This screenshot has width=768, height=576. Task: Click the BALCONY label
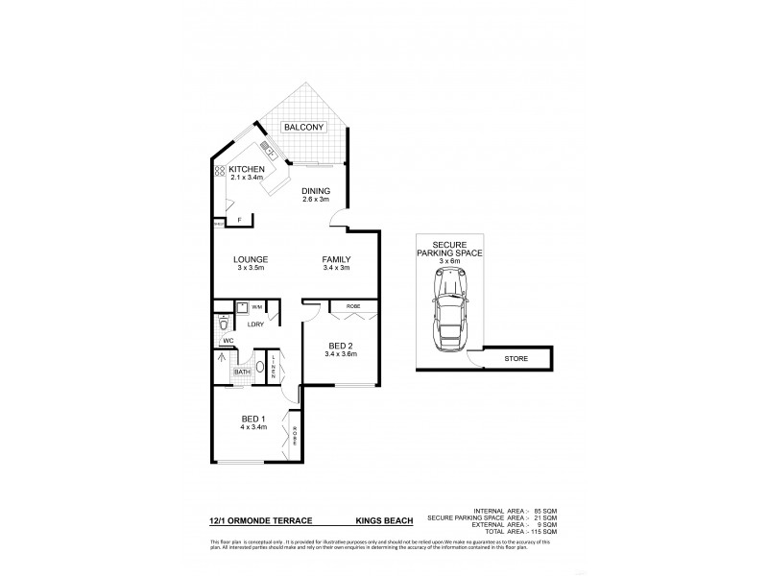pyautogui.click(x=304, y=127)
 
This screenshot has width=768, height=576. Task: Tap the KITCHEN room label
pyautogui.click(x=246, y=170)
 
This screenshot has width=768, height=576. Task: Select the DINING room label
pyautogui.click(x=316, y=190)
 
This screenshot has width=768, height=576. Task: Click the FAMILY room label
pyautogui.click(x=335, y=260)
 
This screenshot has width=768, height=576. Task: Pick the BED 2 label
pyautogui.click(x=341, y=346)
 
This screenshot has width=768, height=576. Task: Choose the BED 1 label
pyautogui.click(x=254, y=419)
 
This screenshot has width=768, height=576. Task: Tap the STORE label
pyautogui.click(x=516, y=359)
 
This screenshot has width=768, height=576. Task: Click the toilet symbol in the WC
pyautogui.click(x=224, y=324)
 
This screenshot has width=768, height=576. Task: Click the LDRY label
pyautogui.click(x=255, y=324)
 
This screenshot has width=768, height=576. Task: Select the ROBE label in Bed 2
pyautogui.click(x=352, y=308)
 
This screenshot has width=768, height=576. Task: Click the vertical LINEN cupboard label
pyautogui.click(x=274, y=368)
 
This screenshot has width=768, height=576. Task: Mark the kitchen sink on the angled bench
pyautogui.click(x=270, y=151)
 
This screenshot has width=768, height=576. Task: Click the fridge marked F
pyautogui.click(x=238, y=220)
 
